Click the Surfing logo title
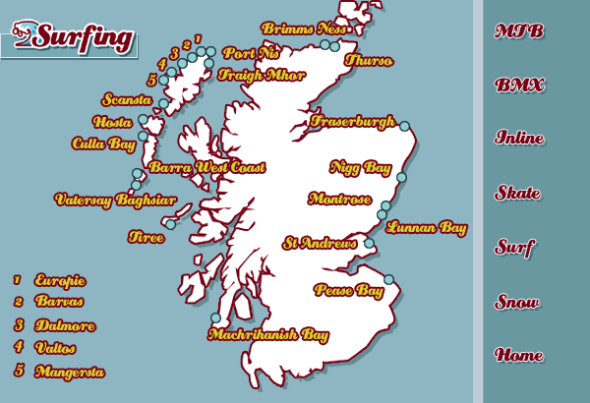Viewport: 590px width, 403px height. pos(83,38)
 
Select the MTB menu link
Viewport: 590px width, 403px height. pos(518,31)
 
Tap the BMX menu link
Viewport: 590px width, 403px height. pos(520,86)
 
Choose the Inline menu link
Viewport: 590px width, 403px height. pos(519,138)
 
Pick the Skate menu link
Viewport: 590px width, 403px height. pos(517,193)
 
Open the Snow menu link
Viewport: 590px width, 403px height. pos(517,302)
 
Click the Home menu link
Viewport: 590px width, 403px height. pos(519,355)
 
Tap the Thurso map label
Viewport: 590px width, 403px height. pos(369,61)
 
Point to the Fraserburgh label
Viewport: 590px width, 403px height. pos(352,122)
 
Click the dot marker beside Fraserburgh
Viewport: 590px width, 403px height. pos(404,126)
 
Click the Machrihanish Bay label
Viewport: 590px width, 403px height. pos(268,335)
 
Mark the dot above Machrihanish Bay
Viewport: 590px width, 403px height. pos(216,317)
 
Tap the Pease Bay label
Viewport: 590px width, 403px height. pos(348,290)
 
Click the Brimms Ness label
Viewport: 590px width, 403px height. pos(304,29)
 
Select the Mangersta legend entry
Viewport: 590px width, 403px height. pos(69,372)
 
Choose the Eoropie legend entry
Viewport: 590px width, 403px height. pos(60,280)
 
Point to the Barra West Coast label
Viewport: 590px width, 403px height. pos(207,168)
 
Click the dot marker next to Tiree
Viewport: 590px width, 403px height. pos(170,225)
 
